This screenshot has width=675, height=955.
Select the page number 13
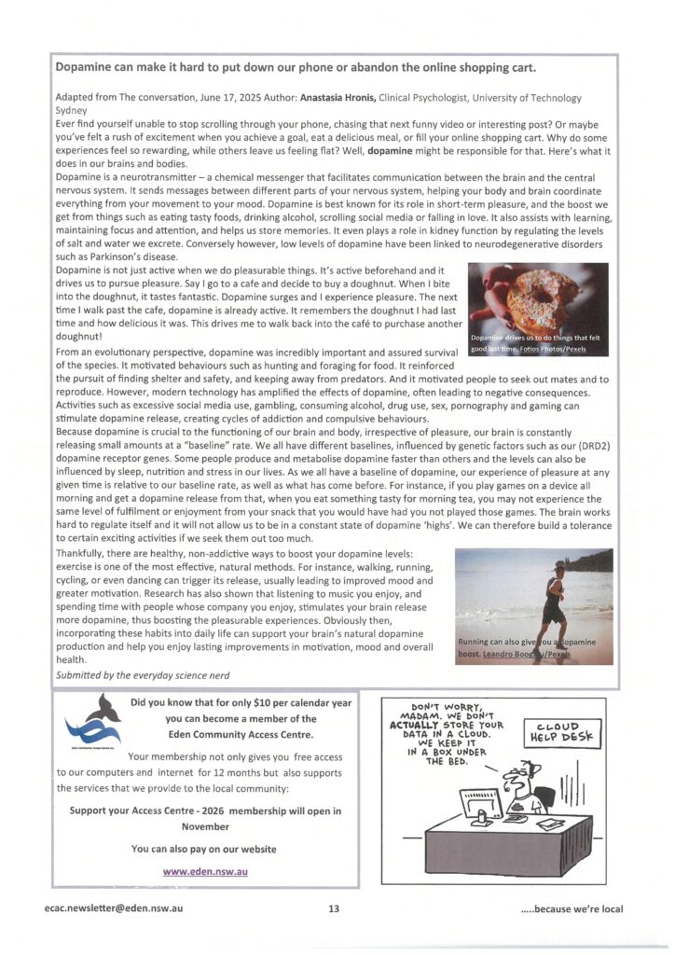[x=333, y=909]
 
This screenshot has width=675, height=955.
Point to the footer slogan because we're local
[x=572, y=909]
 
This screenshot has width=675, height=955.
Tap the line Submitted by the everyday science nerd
[x=143, y=674]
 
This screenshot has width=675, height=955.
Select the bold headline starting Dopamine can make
[x=296, y=67]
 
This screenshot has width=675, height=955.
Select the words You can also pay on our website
[x=204, y=849]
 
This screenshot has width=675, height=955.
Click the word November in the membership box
[x=204, y=826]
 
